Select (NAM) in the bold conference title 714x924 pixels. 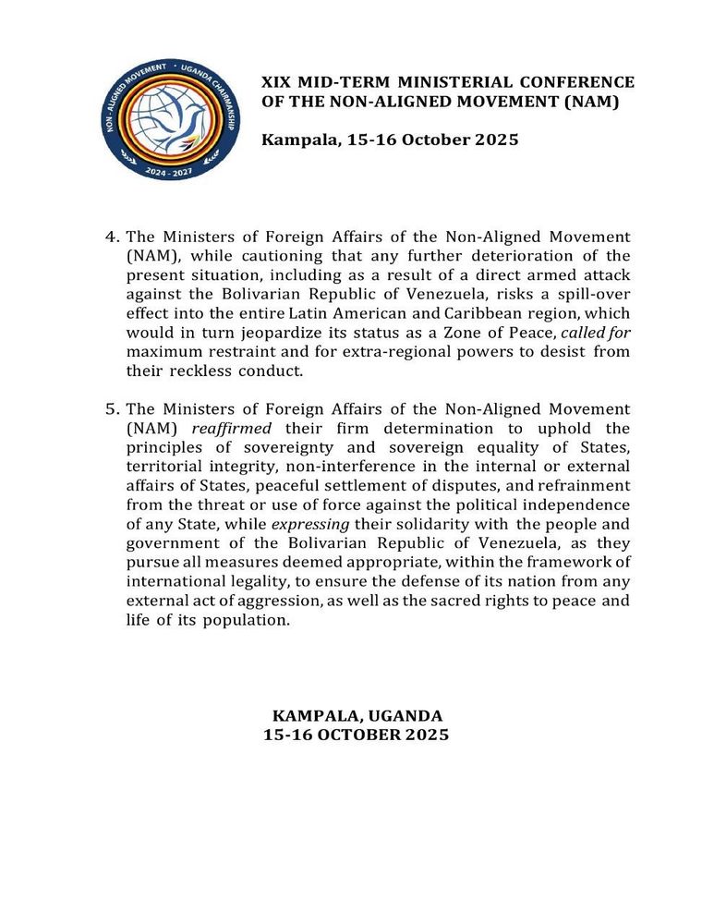tap(591, 101)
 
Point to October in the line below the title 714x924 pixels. tap(430, 140)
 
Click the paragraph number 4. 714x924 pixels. tap(112, 237)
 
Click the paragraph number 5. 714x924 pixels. tap(112, 408)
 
